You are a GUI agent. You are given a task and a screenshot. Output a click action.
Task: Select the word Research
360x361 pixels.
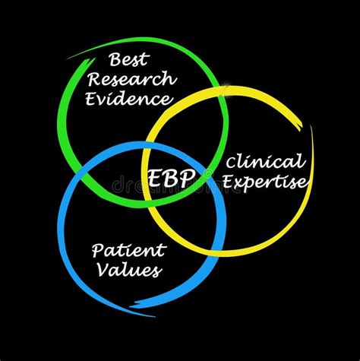coord(133,80)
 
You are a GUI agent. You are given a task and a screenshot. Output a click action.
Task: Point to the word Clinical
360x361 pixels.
coord(265,162)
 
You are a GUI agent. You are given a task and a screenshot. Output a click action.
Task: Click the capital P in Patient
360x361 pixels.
coord(97,249)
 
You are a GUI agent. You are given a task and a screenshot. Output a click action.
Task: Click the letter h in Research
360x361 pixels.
coord(171,79)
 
